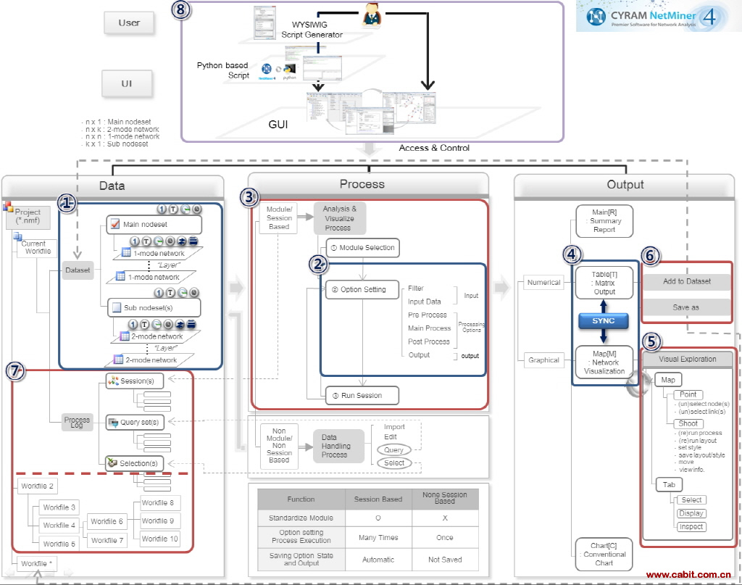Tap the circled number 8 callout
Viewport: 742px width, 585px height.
pyautogui.click(x=182, y=9)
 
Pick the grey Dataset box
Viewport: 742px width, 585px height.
pyautogui.click(x=78, y=270)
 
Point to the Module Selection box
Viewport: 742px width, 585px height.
pyautogui.click(x=362, y=248)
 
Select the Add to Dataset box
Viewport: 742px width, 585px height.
pyautogui.click(x=687, y=281)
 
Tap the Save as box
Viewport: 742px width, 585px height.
pyautogui.click(x=687, y=307)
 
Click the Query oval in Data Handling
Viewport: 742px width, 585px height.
pyautogui.click(x=393, y=450)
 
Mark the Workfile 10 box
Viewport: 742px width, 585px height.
pyautogui.click(x=159, y=539)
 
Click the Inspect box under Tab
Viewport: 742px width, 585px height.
pyautogui.click(x=691, y=527)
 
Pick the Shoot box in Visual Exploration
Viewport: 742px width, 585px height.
pyautogui.click(x=688, y=423)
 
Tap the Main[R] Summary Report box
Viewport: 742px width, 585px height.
pyautogui.click(x=604, y=220)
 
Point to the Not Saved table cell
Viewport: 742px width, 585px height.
pyautogui.click(x=444, y=560)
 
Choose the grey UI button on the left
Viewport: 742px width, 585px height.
pyautogui.click(x=127, y=83)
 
